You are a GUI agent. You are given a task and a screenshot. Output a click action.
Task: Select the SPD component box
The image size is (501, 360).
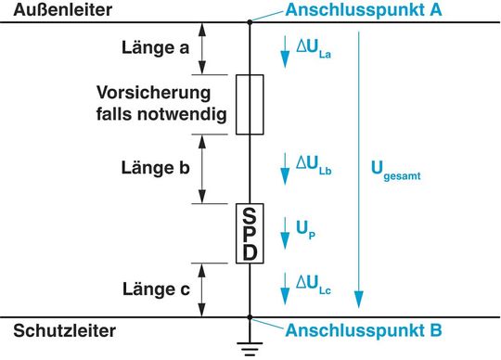coord(250,233)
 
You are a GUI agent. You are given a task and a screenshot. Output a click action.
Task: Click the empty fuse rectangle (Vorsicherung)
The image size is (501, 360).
coord(250,106)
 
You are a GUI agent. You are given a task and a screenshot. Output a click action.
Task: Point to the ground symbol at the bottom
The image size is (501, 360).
coord(250,348)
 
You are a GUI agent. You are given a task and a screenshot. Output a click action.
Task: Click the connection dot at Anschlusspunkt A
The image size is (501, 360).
coord(250,22)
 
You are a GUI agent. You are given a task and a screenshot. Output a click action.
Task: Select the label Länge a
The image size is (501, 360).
coord(155,48)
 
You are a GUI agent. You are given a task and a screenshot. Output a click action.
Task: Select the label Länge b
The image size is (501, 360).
coord(156,168)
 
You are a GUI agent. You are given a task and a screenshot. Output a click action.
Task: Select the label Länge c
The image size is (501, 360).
coord(156,289)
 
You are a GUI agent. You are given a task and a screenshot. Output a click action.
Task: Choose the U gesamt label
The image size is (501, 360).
coord(395,171)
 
